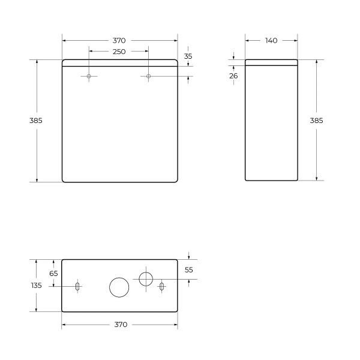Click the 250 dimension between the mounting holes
(x=119, y=52)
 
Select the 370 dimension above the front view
(x=119, y=40)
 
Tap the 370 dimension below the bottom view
(x=120, y=325)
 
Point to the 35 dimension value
(x=188, y=56)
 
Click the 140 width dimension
(x=271, y=40)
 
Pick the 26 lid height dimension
(x=233, y=76)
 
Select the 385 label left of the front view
(x=35, y=120)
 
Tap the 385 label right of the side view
(x=316, y=120)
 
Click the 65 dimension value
(x=53, y=273)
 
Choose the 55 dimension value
(x=188, y=270)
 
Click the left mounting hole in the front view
(x=89, y=76)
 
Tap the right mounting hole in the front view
(x=149, y=76)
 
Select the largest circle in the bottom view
(x=119, y=287)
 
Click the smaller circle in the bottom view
(x=146, y=278)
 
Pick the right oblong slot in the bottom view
(x=161, y=287)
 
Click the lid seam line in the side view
(x=271, y=64)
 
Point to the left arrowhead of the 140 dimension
(x=247, y=40)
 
